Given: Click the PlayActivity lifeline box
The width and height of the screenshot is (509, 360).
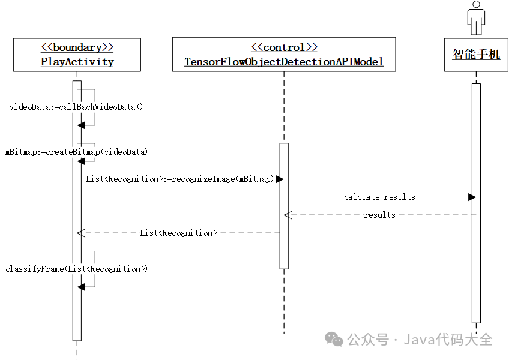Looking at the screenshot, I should click(x=77, y=55).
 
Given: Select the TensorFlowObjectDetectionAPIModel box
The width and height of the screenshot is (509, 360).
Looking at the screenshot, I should click(x=284, y=55).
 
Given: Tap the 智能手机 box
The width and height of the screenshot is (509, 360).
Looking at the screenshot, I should click(x=476, y=55).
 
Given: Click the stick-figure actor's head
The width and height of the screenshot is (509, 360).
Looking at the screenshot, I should click(x=476, y=5).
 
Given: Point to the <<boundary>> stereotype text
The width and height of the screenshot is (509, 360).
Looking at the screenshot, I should click(x=77, y=47).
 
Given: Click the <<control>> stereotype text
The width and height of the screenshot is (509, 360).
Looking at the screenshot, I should click(x=284, y=47).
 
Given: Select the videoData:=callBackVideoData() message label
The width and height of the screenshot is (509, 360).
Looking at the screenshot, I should click(x=76, y=107).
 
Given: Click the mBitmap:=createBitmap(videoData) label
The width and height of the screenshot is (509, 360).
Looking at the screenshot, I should click(x=76, y=152).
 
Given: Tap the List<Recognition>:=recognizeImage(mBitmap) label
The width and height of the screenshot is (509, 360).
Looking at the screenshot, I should click(x=180, y=179).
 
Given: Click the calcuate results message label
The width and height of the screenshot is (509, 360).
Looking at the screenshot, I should click(x=379, y=197).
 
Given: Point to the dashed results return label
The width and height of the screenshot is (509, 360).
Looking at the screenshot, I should click(x=379, y=215).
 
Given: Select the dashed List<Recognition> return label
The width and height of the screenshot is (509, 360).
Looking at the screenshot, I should click(x=178, y=233).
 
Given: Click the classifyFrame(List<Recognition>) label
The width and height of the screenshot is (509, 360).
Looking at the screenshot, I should click(x=76, y=269).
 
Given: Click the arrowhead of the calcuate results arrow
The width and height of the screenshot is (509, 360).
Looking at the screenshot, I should click(x=472, y=197).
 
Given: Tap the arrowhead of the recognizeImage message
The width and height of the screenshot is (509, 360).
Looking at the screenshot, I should click(x=280, y=179).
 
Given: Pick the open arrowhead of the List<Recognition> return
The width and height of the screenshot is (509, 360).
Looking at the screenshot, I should click(x=80, y=233).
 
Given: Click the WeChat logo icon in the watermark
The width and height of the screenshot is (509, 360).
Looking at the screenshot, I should click(x=334, y=339).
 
